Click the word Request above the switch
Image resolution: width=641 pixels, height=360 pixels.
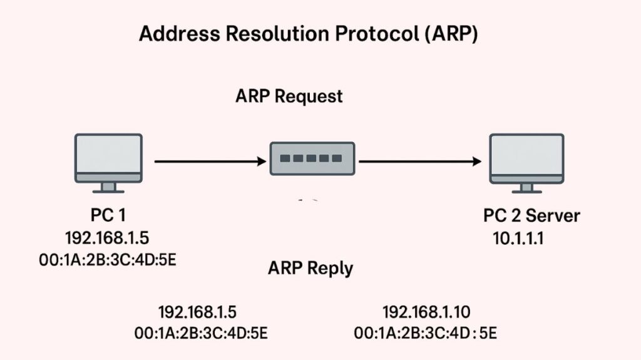pyautogui.click(x=310, y=96)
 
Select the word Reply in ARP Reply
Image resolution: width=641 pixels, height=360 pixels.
pyautogui.click(x=332, y=268)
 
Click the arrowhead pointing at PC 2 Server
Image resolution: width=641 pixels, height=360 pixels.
pyautogui.click(x=476, y=162)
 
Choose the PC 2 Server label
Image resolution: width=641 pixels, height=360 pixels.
pyautogui.click(x=531, y=216)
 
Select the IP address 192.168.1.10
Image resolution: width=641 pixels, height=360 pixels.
pyautogui.click(x=426, y=312)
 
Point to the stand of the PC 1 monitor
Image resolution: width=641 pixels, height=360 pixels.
pyautogui.click(x=108, y=187)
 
